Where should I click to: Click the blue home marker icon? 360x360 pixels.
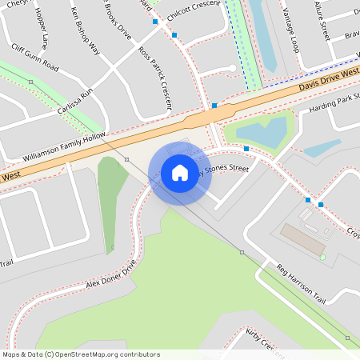point(180,173)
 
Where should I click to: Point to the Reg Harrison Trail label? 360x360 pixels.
point(302,283)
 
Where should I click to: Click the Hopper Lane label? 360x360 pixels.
point(42,31)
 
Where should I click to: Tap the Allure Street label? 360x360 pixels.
point(322,20)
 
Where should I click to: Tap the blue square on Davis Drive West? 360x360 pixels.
point(214,106)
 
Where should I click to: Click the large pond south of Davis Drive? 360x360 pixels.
point(261,131)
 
